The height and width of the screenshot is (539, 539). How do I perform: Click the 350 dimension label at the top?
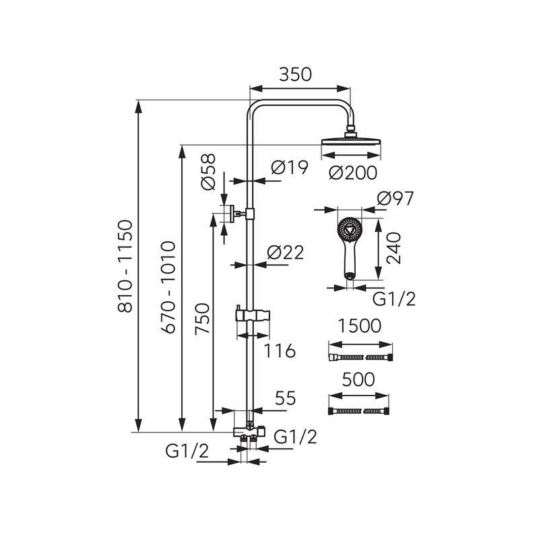click(x=295, y=75)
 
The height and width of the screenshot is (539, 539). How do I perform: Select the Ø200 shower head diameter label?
click(x=352, y=172)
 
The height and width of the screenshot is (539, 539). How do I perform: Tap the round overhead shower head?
click(x=350, y=142)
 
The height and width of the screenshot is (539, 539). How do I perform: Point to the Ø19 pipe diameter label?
click(x=290, y=167)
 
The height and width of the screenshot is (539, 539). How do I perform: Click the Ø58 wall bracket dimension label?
click(x=208, y=172)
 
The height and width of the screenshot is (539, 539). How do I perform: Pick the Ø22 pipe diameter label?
click(x=285, y=253)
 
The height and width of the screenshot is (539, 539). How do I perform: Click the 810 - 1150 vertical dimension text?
click(x=125, y=266)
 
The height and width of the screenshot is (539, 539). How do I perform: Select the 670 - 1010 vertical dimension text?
click(x=168, y=288)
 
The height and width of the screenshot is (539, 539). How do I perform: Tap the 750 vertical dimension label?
click(x=202, y=318)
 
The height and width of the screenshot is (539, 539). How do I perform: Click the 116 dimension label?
click(x=280, y=351)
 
